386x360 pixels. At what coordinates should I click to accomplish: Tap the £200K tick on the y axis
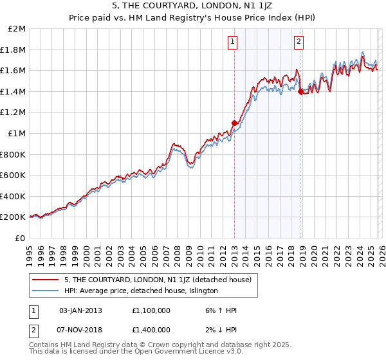point(13,217)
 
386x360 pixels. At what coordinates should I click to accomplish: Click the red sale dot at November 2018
point(301,92)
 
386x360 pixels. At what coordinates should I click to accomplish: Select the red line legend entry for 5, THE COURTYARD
point(161,280)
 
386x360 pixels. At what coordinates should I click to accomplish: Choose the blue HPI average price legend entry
point(141,291)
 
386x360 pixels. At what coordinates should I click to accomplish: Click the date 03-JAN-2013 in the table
point(80,310)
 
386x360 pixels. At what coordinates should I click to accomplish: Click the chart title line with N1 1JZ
point(192,7)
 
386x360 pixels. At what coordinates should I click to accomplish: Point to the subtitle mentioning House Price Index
point(192,18)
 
